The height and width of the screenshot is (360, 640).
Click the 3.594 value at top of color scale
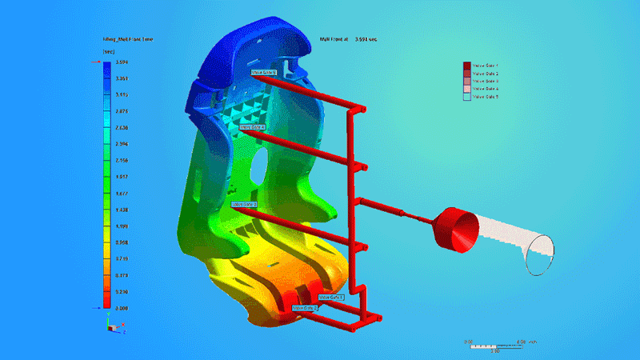pyautogui.click(x=122, y=62)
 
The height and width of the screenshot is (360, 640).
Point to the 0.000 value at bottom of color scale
pyautogui.click(x=122, y=307)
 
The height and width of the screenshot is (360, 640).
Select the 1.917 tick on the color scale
pyautogui.click(x=122, y=177)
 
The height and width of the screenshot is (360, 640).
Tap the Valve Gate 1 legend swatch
pyautogui.click(x=467, y=65)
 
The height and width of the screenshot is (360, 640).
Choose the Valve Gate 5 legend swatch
pyautogui.click(x=467, y=97)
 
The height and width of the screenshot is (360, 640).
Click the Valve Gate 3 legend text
pyautogui.click(x=486, y=81)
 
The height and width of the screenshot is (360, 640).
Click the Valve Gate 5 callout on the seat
pyautogui.click(x=264, y=72)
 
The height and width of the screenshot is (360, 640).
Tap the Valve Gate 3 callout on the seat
pyautogui.click(x=244, y=204)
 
